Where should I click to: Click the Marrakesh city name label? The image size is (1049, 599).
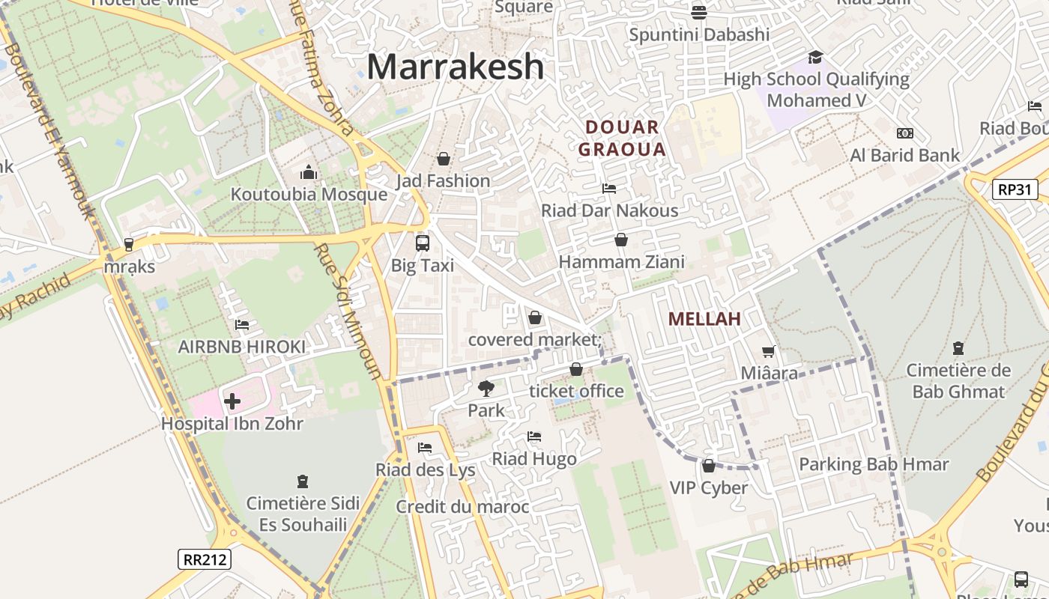(455, 66)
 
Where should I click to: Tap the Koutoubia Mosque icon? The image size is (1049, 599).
(309, 173)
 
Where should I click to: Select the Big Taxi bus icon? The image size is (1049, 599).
(423, 243)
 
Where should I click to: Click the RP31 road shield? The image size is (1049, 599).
(1015, 189)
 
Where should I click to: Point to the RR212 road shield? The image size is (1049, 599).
(205, 559)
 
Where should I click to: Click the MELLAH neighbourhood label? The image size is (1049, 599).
(704, 319)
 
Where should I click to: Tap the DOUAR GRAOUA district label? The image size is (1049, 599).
(622, 139)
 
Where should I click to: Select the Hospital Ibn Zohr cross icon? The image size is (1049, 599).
(232, 401)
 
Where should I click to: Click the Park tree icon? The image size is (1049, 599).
(486, 389)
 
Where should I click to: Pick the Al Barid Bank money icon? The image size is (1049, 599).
(905, 133)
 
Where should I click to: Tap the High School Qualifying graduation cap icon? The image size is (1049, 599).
(815, 58)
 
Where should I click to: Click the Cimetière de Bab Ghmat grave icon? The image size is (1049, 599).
(958, 348)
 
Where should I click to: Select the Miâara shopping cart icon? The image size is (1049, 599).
(769, 351)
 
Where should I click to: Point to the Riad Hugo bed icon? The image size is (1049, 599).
(533, 437)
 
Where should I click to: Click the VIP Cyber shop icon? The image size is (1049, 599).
(708, 466)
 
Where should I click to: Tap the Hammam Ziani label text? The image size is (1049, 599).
(622, 262)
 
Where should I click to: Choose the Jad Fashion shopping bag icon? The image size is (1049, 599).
(444, 159)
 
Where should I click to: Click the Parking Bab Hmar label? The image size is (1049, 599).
(874, 464)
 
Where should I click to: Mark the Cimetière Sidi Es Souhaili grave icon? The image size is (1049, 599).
(303, 481)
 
